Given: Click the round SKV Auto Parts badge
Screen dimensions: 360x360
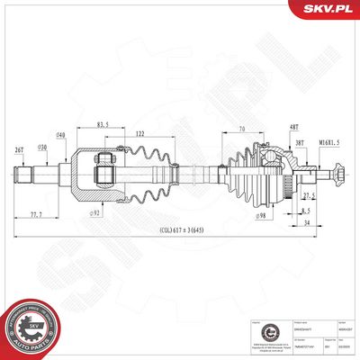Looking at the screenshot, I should (x=30, y=325).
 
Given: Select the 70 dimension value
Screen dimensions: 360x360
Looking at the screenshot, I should (x=241, y=130).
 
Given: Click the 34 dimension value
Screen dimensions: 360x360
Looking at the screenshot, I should (x=306, y=221).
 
